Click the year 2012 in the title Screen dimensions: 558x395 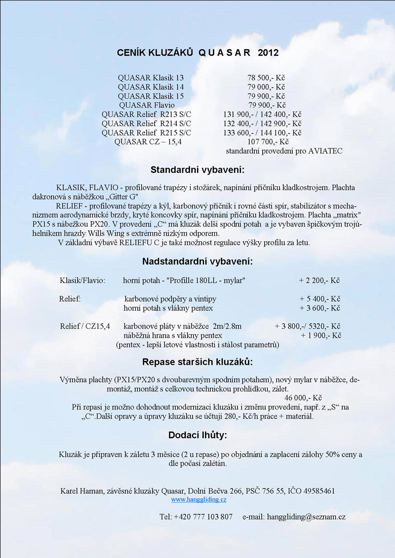pyautogui.click(x=268, y=53)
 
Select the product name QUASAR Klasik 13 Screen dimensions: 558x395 pyautogui.click(x=151, y=78)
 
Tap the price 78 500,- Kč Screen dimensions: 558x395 pyautogui.click(x=266, y=78)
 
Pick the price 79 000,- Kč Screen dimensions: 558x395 pyautogui.click(x=266, y=87)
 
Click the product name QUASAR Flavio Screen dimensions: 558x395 pyautogui.click(x=147, y=105)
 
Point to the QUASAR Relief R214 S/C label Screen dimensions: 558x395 pyautogui.click(x=146, y=124)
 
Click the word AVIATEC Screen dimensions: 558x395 pyautogui.click(x=325, y=151)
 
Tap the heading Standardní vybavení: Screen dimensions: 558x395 pyautogui.click(x=197, y=170)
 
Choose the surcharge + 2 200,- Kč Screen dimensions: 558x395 pyautogui.click(x=319, y=280)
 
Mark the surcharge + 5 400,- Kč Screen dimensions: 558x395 pyautogui.click(x=320, y=299)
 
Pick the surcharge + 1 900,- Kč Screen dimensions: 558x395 pyautogui.click(x=321, y=336)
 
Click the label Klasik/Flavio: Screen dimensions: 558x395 pyautogui.click(x=82, y=280)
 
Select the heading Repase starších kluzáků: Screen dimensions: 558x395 pyautogui.click(x=197, y=362)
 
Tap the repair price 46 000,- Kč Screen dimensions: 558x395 pyautogui.click(x=303, y=398)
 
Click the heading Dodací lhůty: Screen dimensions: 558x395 pyautogui.click(x=197, y=435)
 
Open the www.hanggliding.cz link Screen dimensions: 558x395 pyautogui.click(x=198, y=499)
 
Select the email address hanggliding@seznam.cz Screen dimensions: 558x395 pyautogui.click(x=306, y=517)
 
